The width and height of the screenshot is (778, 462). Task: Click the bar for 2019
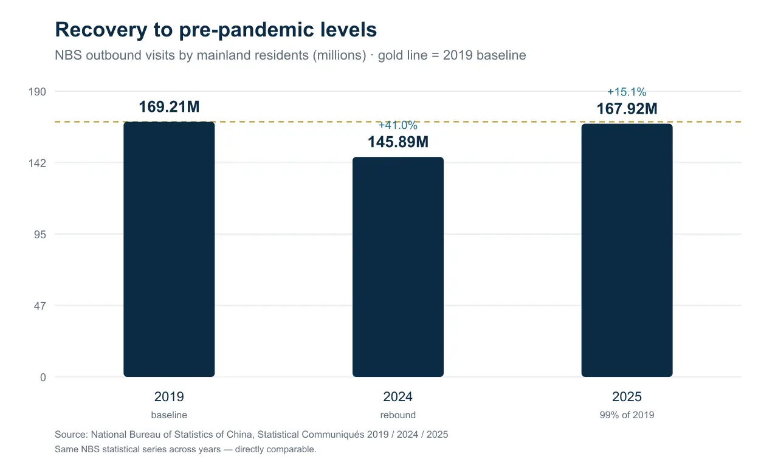pyautogui.click(x=169, y=249)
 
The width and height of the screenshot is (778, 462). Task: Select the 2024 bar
pyautogui.click(x=398, y=267)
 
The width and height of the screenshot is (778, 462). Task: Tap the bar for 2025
pyautogui.click(x=627, y=250)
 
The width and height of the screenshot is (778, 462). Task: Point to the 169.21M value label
pyautogui.click(x=169, y=106)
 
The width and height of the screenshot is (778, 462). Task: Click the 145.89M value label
pyautogui.click(x=398, y=142)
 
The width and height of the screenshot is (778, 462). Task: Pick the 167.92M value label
pyautogui.click(x=627, y=109)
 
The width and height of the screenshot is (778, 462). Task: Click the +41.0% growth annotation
pyautogui.click(x=398, y=125)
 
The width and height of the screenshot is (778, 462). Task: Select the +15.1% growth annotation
pyautogui.click(x=627, y=92)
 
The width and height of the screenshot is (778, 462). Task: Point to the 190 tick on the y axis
pyautogui.click(x=37, y=92)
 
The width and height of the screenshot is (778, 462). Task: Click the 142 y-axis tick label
pyautogui.click(x=37, y=163)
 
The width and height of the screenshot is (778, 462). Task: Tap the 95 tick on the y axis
pyautogui.click(x=40, y=235)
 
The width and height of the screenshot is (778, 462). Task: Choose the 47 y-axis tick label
pyautogui.click(x=40, y=306)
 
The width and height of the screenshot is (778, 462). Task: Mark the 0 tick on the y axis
pyautogui.click(x=43, y=378)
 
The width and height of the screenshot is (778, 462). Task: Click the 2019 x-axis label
pyautogui.click(x=169, y=396)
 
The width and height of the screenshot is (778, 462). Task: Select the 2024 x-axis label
pyautogui.click(x=398, y=396)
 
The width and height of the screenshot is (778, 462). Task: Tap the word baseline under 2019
pyautogui.click(x=169, y=415)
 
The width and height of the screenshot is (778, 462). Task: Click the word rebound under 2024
pyautogui.click(x=398, y=415)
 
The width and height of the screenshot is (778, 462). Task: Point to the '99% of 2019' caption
pyautogui.click(x=627, y=415)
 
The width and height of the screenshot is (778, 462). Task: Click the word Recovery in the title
pyautogui.click(x=101, y=30)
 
